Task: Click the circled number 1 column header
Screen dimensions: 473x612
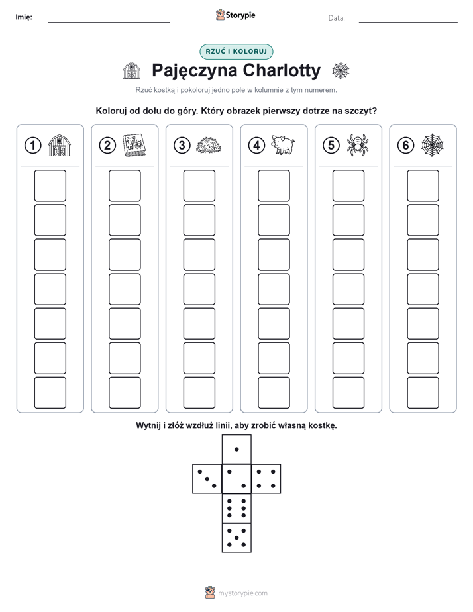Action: (32, 146)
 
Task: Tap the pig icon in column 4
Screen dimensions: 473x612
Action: (283, 145)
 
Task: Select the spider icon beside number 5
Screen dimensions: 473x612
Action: (358, 145)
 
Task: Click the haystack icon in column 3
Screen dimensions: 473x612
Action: (209, 146)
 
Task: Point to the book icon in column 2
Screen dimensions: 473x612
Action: (134, 146)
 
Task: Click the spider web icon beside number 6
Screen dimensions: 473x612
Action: (433, 145)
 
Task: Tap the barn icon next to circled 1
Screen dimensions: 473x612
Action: (60, 146)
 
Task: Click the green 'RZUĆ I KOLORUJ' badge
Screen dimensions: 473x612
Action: (236, 52)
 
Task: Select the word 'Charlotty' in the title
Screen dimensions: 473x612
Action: (282, 71)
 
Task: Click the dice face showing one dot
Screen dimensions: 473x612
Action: (236, 449)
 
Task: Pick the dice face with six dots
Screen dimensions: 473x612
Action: (236, 508)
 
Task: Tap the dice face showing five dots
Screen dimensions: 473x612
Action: (236, 538)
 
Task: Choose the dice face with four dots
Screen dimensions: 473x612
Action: (266, 479)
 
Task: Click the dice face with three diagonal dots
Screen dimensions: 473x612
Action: (207, 479)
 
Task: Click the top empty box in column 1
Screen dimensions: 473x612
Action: (50, 185)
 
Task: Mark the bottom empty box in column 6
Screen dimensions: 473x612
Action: (423, 393)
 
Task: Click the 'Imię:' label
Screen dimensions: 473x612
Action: (24, 17)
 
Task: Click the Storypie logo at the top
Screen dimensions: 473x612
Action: (235, 15)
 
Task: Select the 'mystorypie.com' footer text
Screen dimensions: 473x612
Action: (242, 593)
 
